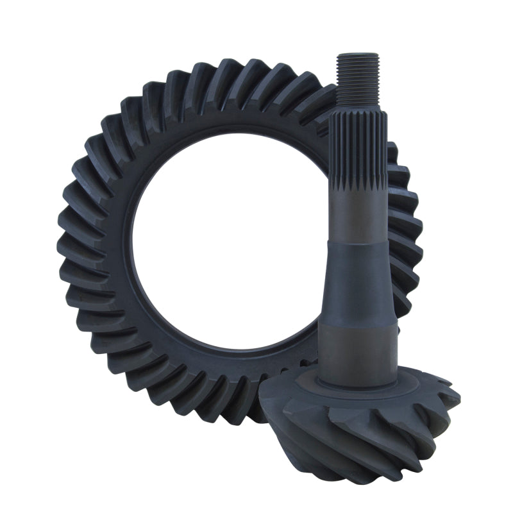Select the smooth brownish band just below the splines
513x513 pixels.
click(357, 212)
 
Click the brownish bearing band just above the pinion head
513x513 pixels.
click(358, 353)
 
